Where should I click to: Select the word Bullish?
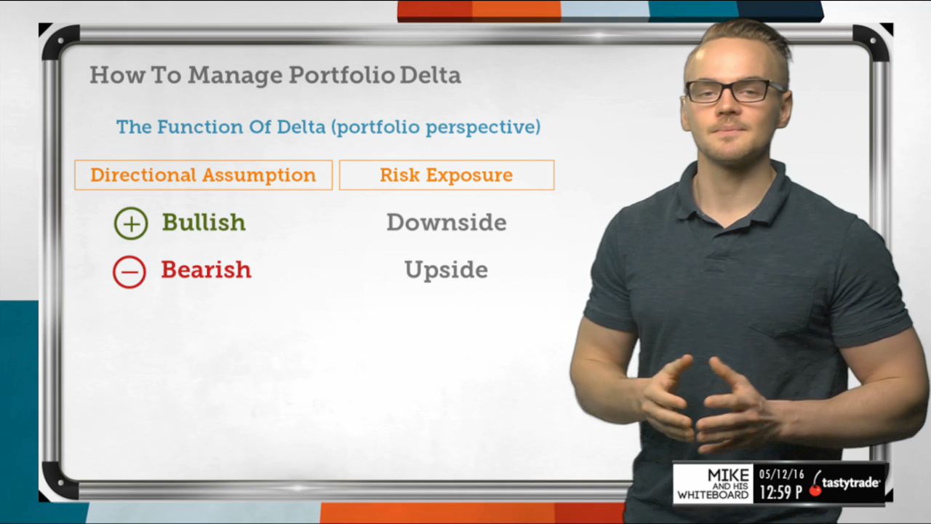pyautogui.click(x=204, y=222)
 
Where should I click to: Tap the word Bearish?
pyautogui.click(x=206, y=269)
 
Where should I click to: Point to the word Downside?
pyautogui.click(x=447, y=222)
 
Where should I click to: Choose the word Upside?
pyautogui.click(x=447, y=270)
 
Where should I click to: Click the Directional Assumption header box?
pyautogui.click(x=204, y=175)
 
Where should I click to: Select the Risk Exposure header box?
pyautogui.click(x=447, y=175)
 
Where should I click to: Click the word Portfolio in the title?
pyautogui.click(x=342, y=75)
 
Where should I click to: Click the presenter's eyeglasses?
pyautogui.click(x=734, y=91)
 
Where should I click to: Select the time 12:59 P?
pyautogui.click(x=780, y=492)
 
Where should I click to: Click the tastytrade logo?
pyautogui.click(x=844, y=484)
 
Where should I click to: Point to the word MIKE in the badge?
pyautogui.click(x=728, y=475)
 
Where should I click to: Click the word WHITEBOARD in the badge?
pyautogui.click(x=713, y=495)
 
